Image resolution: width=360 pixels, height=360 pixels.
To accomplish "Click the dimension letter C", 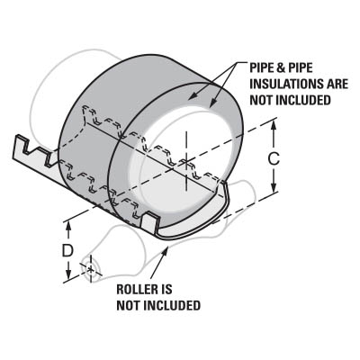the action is pos(274,158).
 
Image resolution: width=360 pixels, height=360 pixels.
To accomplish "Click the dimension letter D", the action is pos(67,251).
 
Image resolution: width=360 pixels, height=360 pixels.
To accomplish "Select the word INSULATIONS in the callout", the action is pos(283,84).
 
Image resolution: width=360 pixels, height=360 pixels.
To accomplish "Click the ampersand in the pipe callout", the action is pos(281,68).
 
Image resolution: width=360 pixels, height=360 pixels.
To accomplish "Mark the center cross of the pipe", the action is pos(186,162).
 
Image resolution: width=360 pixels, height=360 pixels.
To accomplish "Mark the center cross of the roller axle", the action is pos(90,269).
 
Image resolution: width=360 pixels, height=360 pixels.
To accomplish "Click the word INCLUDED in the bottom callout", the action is pos(173,306).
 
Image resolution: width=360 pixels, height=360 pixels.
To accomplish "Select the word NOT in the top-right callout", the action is pos(261,100).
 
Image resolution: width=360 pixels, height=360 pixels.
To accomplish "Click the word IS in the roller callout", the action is pos(166,290).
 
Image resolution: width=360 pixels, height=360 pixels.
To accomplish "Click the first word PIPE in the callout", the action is pos(262,68).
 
